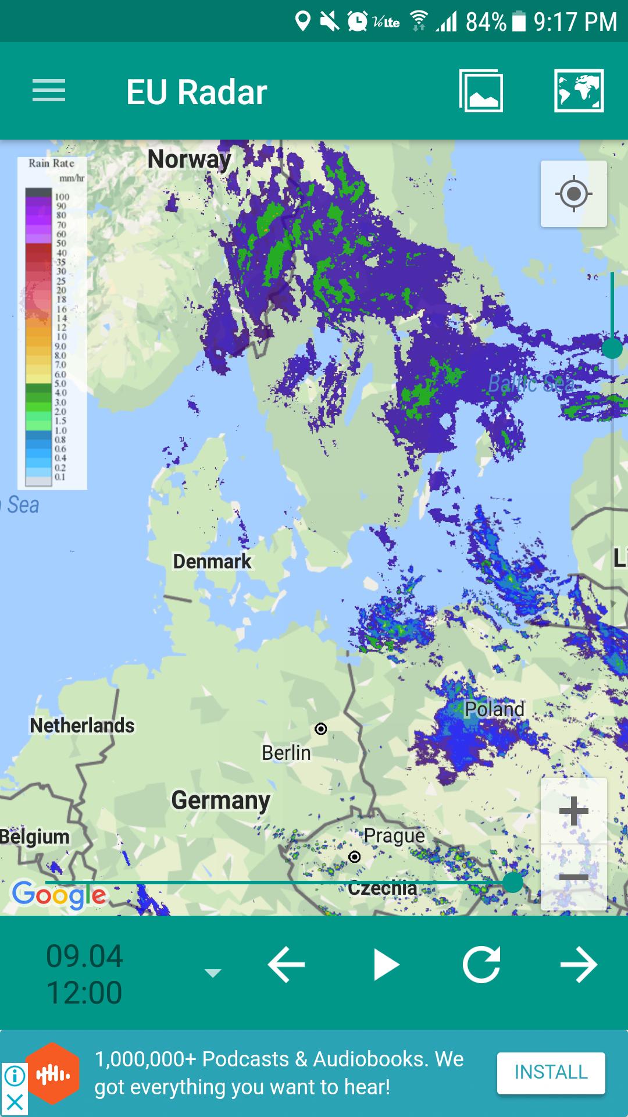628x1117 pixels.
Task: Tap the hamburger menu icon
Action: click(49, 91)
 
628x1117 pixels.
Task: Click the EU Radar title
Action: click(197, 92)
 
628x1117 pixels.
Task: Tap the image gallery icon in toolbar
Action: click(481, 91)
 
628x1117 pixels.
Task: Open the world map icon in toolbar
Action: click(579, 91)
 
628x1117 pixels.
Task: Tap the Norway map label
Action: click(189, 159)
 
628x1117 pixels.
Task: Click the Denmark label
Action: click(212, 561)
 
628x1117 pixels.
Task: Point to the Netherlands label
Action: click(82, 725)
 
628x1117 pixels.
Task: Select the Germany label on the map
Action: click(220, 801)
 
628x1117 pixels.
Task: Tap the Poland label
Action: click(494, 709)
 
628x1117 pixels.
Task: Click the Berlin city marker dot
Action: click(321, 729)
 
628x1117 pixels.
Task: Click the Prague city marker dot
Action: click(355, 857)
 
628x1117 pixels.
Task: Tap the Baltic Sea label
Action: click(530, 384)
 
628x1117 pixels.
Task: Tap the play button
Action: click(386, 965)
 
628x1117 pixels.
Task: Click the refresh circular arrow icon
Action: click(481, 965)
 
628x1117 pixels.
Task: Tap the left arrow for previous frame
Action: click(286, 965)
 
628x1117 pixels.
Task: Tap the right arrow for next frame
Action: click(579, 965)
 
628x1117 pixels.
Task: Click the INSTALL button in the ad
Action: click(551, 1072)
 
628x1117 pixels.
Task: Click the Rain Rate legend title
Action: click(52, 163)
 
